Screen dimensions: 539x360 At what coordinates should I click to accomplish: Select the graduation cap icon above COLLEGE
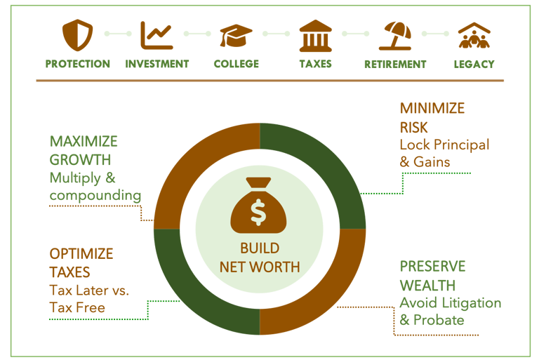pos(236,35)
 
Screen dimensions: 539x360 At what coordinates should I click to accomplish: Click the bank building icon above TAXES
pos(316,35)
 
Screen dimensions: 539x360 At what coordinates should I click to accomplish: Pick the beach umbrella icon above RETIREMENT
pos(395,35)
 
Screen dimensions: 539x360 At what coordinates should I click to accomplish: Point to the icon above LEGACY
pos(474,35)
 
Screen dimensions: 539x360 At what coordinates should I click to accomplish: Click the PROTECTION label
pos(78,64)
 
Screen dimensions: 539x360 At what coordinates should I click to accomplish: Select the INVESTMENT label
pos(157,64)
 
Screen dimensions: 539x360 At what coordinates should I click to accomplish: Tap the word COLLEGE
pos(237,64)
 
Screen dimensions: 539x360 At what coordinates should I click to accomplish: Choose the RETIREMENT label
pos(395,64)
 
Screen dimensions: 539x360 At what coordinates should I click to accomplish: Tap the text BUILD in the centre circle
pos(260,248)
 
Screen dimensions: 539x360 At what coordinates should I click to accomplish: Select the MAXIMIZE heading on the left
pos(84,142)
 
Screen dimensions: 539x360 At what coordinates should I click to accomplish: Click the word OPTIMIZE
pos(81,254)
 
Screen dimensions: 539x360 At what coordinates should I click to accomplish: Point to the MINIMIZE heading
pos(432,109)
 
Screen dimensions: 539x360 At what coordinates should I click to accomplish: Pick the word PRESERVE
pos(432,267)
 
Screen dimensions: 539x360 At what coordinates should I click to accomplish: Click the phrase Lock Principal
pos(444,145)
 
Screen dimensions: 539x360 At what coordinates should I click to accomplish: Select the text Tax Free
pos(77,307)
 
